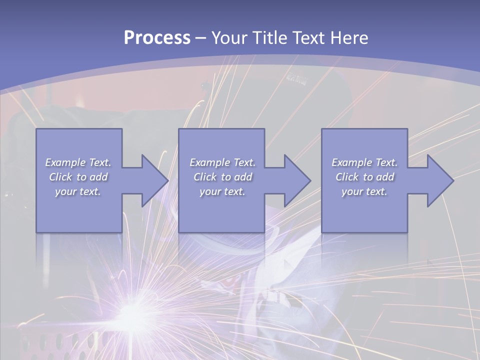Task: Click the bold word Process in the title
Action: tap(157, 38)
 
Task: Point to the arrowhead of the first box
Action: tap(153, 180)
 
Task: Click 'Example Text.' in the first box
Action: tap(78, 162)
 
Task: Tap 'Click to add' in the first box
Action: tap(78, 177)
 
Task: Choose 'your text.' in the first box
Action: tap(78, 191)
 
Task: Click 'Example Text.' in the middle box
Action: tap(222, 162)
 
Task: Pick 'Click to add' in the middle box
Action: tap(222, 177)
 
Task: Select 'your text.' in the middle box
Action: tap(222, 191)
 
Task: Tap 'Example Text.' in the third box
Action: tap(364, 162)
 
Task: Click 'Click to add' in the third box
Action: tap(364, 177)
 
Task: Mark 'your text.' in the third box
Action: tap(364, 191)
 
